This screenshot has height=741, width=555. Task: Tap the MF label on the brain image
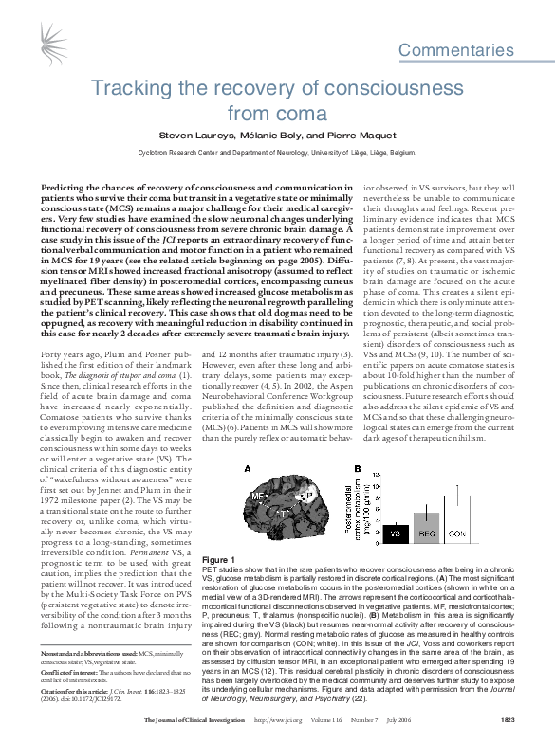pyautogui.click(x=257, y=496)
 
